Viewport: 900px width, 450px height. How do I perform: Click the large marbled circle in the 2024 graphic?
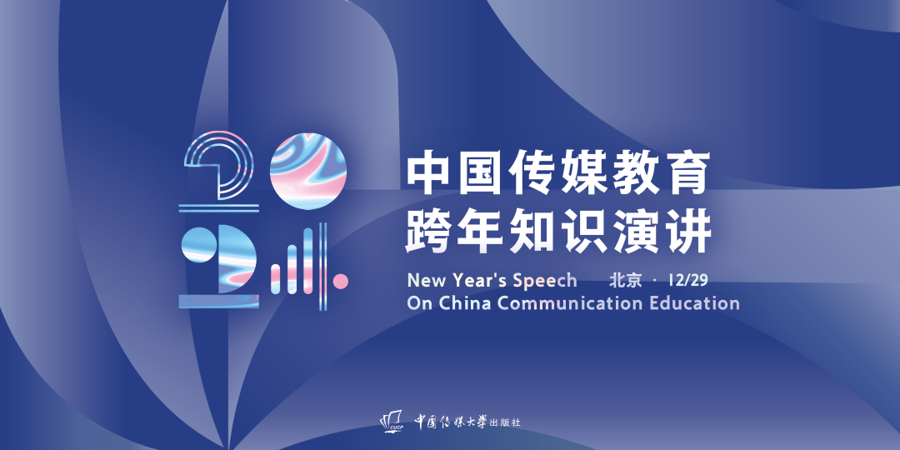[308, 171]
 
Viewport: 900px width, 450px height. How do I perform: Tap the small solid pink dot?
[341, 282]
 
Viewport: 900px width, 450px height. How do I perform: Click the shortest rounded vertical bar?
[276, 279]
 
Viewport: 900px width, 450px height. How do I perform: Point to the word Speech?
[545, 281]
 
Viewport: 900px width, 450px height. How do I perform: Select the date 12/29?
[687, 280]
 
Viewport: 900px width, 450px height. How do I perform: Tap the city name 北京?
[626, 280]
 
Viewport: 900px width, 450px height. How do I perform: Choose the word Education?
[694, 302]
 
